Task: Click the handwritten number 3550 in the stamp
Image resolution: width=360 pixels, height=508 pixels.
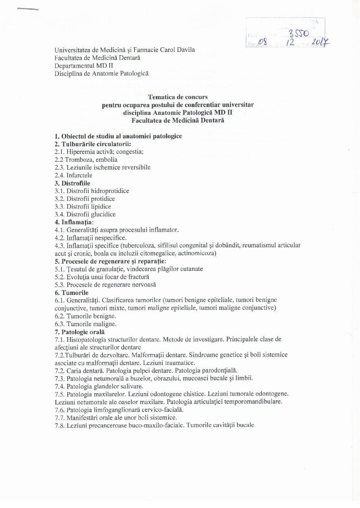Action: pyautogui.click(x=299, y=33)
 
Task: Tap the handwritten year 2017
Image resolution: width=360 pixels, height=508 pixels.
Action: pyautogui.click(x=320, y=42)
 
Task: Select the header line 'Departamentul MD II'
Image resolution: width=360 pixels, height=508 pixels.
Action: pyautogui.click(x=84, y=66)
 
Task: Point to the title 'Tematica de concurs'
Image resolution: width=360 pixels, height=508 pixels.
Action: pyautogui.click(x=178, y=97)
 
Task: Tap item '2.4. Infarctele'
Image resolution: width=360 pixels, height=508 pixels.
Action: pyautogui.click(x=73, y=175)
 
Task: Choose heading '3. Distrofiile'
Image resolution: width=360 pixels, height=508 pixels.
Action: pyautogui.click(x=72, y=183)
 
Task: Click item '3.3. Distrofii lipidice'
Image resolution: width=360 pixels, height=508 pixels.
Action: pyautogui.click(x=83, y=207)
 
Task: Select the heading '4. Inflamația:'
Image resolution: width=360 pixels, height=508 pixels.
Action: pyautogui.click(x=74, y=222)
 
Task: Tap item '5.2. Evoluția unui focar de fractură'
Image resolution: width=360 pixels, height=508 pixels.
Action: pyautogui.click(x=102, y=277)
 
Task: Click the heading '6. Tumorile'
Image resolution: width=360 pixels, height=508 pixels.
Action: pyautogui.click(x=71, y=293)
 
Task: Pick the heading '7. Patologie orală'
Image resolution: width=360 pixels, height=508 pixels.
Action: pyautogui.click(x=80, y=332)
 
